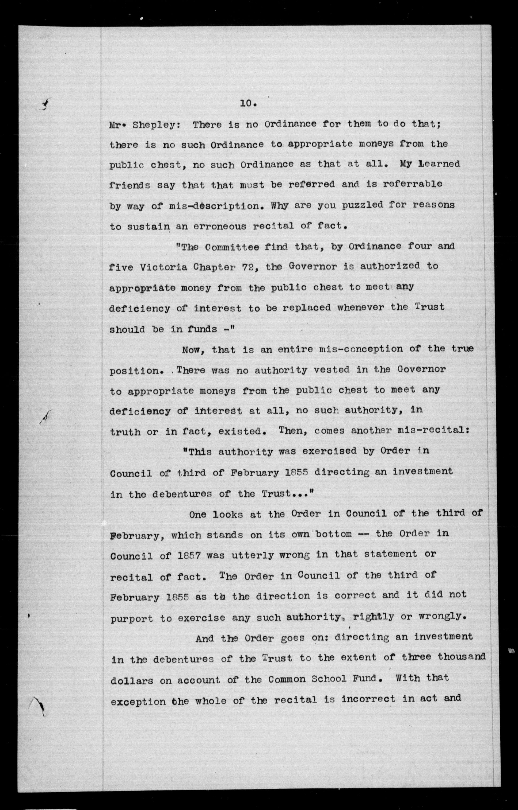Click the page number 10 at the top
[x=248, y=104]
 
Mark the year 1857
[x=189, y=556]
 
